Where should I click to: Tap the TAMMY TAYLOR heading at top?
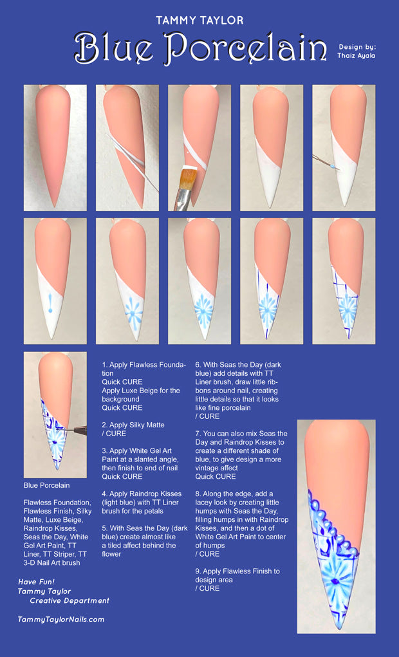(199, 21)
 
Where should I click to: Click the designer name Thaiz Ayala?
(356, 55)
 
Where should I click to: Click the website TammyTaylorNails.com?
(61, 619)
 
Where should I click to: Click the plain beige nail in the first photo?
(55, 142)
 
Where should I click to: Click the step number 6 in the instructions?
(198, 365)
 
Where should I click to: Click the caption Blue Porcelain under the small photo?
(46, 485)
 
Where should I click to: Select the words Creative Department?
(70, 600)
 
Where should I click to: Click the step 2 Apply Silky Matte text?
(133, 429)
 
